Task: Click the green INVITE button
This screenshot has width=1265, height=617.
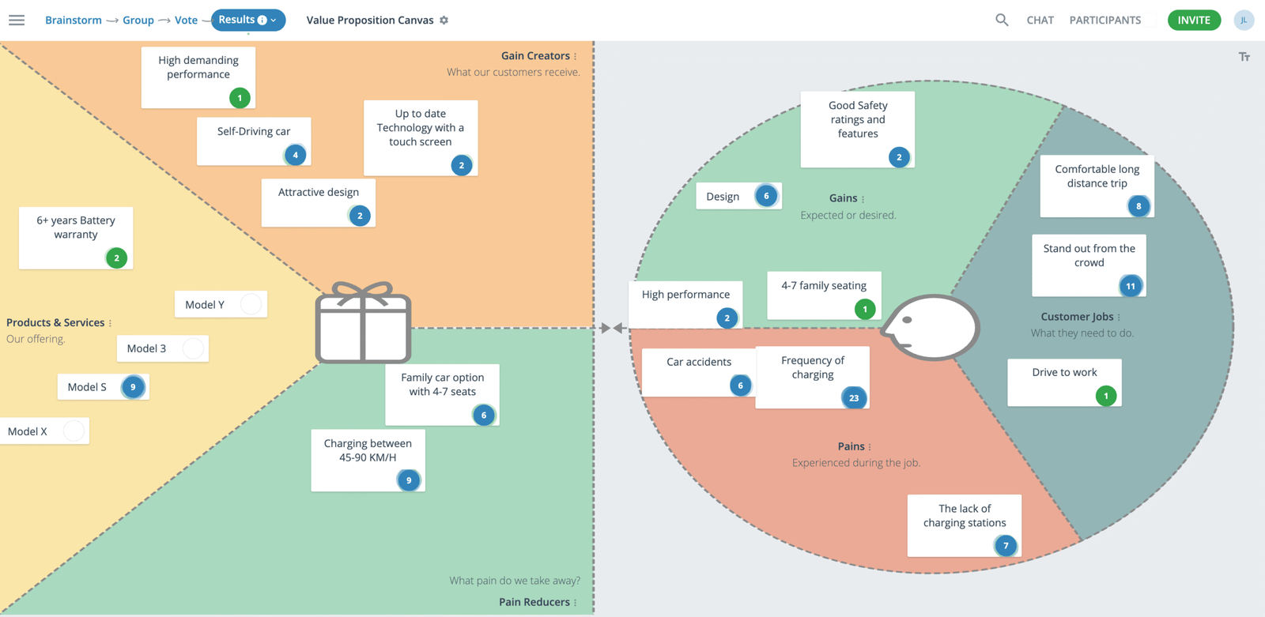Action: click(x=1194, y=21)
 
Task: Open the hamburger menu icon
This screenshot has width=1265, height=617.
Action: click(x=17, y=21)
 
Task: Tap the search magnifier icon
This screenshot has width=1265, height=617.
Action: click(x=1002, y=21)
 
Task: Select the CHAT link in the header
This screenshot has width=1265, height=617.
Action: click(x=1040, y=21)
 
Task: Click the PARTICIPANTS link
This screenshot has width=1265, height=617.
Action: click(x=1105, y=21)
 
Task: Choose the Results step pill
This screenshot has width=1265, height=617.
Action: click(x=247, y=20)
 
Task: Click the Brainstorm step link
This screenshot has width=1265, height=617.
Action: click(x=73, y=21)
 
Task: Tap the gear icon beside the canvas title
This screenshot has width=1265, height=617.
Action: click(x=444, y=21)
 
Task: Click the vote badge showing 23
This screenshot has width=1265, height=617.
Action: click(x=854, y=398)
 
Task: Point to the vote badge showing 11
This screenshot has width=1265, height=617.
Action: click(x=1131, y=286)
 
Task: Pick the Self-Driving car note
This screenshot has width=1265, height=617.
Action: click(x=253, y=136)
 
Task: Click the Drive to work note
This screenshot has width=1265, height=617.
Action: click(x=1063, y=379)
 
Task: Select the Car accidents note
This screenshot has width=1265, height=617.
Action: click(x=698, y=367)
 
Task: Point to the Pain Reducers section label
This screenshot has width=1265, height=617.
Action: click(x=534, y=602)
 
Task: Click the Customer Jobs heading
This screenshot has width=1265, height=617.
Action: click(x=1077, y=317)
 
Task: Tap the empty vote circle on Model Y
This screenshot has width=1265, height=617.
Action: click(x=251, y=304)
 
